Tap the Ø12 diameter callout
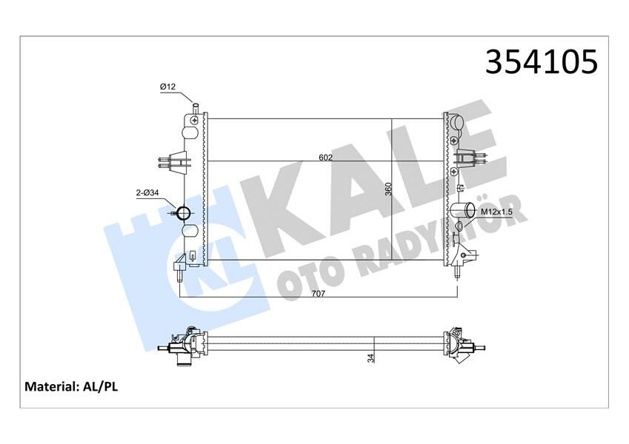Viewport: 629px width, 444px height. [167, 87]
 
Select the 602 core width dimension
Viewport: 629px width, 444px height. [325, 157]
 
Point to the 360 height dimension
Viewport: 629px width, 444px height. [388, 189]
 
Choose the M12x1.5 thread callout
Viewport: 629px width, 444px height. [496, 212]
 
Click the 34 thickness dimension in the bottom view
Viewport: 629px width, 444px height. [371, 358]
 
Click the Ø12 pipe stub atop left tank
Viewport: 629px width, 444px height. [195, 108]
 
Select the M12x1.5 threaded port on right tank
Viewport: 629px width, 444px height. [459, 226]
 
